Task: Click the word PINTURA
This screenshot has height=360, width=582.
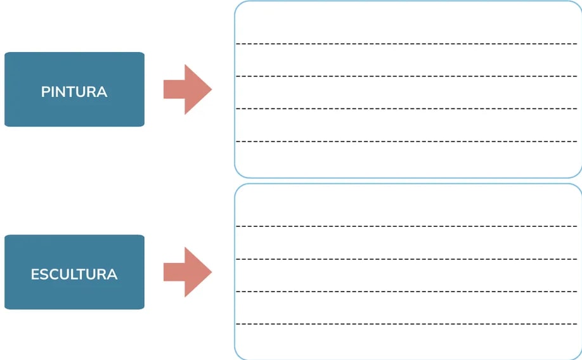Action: pyautogui.click(x=74, y=92)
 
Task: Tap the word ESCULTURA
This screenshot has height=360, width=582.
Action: pyautogui.click(x=74, y=274)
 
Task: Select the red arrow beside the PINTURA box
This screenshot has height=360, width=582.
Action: pyautogui.click(x=188, y=89)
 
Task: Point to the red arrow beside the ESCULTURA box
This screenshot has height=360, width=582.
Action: pyautogui.click(x=188, y=272)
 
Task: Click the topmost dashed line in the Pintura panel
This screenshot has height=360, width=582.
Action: pyautogui.click(x=406, y=44)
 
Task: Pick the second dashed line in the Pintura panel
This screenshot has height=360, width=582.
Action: pyautogui.click(x=406, y=76)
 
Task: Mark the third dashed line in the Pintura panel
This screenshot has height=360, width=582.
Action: pyautogui.click(x=406, y=109)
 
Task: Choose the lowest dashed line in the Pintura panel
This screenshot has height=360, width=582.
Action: pyautogui.click(x=406, y=141)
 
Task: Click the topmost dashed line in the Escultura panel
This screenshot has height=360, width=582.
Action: pyautogui.click(x=406, y=226)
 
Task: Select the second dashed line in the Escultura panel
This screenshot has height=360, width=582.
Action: pyautogui.click(x=406, y=259)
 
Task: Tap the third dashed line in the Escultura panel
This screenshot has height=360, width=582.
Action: pyautogui.click(x=406, y=292)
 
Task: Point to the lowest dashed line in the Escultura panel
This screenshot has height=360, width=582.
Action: pyautogui.click(x=406, y=324)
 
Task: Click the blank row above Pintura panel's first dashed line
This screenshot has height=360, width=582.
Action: pyautogui.click(x=408, y=22)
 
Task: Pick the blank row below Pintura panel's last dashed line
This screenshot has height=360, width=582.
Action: pyautogui.click(x=408, y=159)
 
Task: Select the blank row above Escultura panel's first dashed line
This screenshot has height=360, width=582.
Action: pyautogui.click(x=408, y=205)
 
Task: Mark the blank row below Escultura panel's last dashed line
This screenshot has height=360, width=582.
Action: pyautogui.click(x=408, y=342)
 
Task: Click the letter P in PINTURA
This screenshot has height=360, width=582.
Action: pyautogui.click(x=45, y=92)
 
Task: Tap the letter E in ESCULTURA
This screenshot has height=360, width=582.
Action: pyautogui.click(x=35, y=274)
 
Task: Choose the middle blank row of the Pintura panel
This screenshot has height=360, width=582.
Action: pyautogui.click(x=408, y=93)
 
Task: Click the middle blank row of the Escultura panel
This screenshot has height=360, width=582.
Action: pyautogui.click(x=408, y=275)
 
